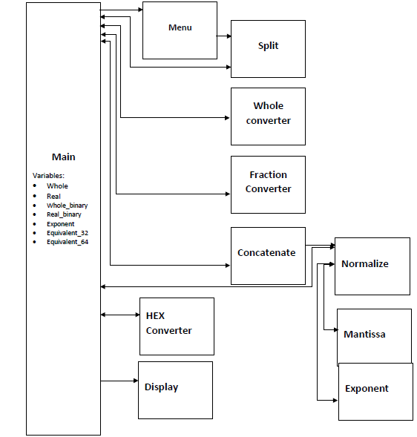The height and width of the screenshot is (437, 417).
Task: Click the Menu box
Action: coord(180,30)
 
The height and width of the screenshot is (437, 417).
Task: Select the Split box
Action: coord(268,48)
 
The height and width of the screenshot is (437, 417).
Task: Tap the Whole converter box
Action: coord(268,116)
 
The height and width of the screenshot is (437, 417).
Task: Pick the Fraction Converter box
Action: coord(268,183)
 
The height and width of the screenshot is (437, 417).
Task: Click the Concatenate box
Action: coord(268,255)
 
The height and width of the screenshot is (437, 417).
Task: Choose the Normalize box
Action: coord(372,266)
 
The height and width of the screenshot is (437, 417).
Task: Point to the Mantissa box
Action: coord(374,336)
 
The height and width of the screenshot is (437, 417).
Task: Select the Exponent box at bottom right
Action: coord(375,391)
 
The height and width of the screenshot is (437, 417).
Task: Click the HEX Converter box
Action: coord(177,326)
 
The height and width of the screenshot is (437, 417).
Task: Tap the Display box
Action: coord(175,389)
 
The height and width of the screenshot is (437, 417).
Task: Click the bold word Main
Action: coord(63,157)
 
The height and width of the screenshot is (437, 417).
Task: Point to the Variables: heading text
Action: coord(49,175)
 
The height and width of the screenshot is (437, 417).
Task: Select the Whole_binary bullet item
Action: coord(64,205)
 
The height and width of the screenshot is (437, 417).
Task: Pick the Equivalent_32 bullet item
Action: coord(67,232)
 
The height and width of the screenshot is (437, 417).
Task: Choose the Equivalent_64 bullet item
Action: coord(67,242)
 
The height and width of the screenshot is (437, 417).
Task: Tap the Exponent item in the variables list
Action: coord(60,223)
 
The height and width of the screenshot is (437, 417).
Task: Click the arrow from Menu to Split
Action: coord(223,36)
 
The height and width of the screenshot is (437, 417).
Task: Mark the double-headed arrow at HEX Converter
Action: coord(119,315)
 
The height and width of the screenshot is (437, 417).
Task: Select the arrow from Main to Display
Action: coord(119,381)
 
